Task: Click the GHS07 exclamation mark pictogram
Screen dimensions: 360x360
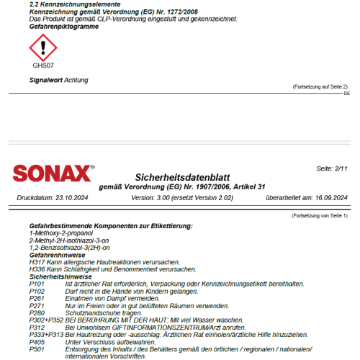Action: tap(42, 48)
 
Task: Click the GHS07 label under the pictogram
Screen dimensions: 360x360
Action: tap(42, 65)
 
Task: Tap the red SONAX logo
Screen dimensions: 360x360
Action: tap(53, 174)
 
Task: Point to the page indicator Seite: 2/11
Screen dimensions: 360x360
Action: tap(332, 168)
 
